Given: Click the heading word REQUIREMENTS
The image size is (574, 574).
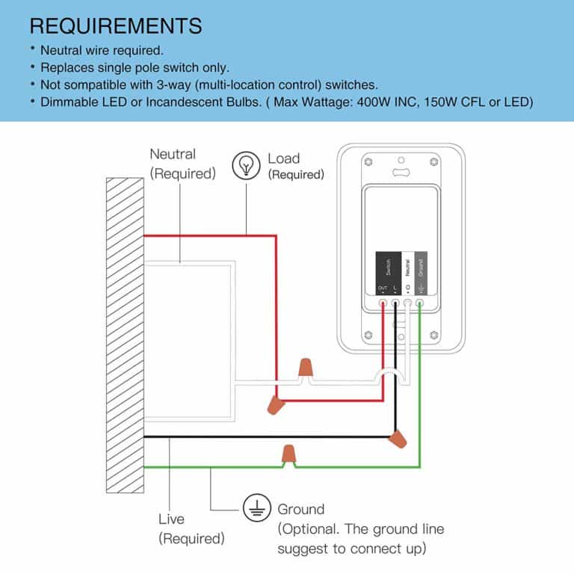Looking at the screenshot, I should (x=116, y=25).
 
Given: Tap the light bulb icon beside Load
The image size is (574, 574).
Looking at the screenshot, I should (x=245, y=164).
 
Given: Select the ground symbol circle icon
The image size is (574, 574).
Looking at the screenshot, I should (x=256, y=510).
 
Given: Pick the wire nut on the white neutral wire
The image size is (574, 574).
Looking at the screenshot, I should (x=304, y=368).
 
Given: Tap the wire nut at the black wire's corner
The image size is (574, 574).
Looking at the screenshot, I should (x=398, y=438).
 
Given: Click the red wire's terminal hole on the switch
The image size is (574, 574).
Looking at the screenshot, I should (x=383, y=303).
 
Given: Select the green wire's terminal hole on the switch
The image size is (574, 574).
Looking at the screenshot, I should (x=420, y=303).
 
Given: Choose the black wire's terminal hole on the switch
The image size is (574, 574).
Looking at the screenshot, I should (x=395, y=303).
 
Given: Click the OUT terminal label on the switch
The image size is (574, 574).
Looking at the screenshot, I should (x=383, y=288).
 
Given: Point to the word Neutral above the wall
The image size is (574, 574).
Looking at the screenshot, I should (x=173, y=155).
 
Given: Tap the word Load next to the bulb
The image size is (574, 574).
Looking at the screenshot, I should (x=283, y=158).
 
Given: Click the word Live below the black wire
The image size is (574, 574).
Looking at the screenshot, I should (x=171, y=519).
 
